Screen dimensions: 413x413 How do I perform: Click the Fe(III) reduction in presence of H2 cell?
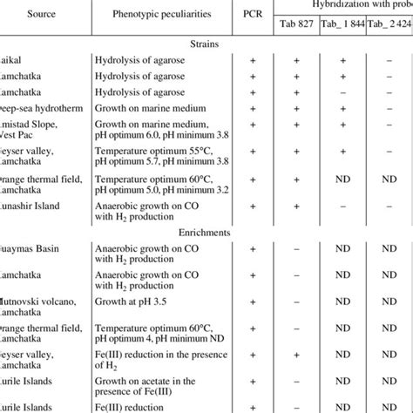(x=153, y=354)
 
